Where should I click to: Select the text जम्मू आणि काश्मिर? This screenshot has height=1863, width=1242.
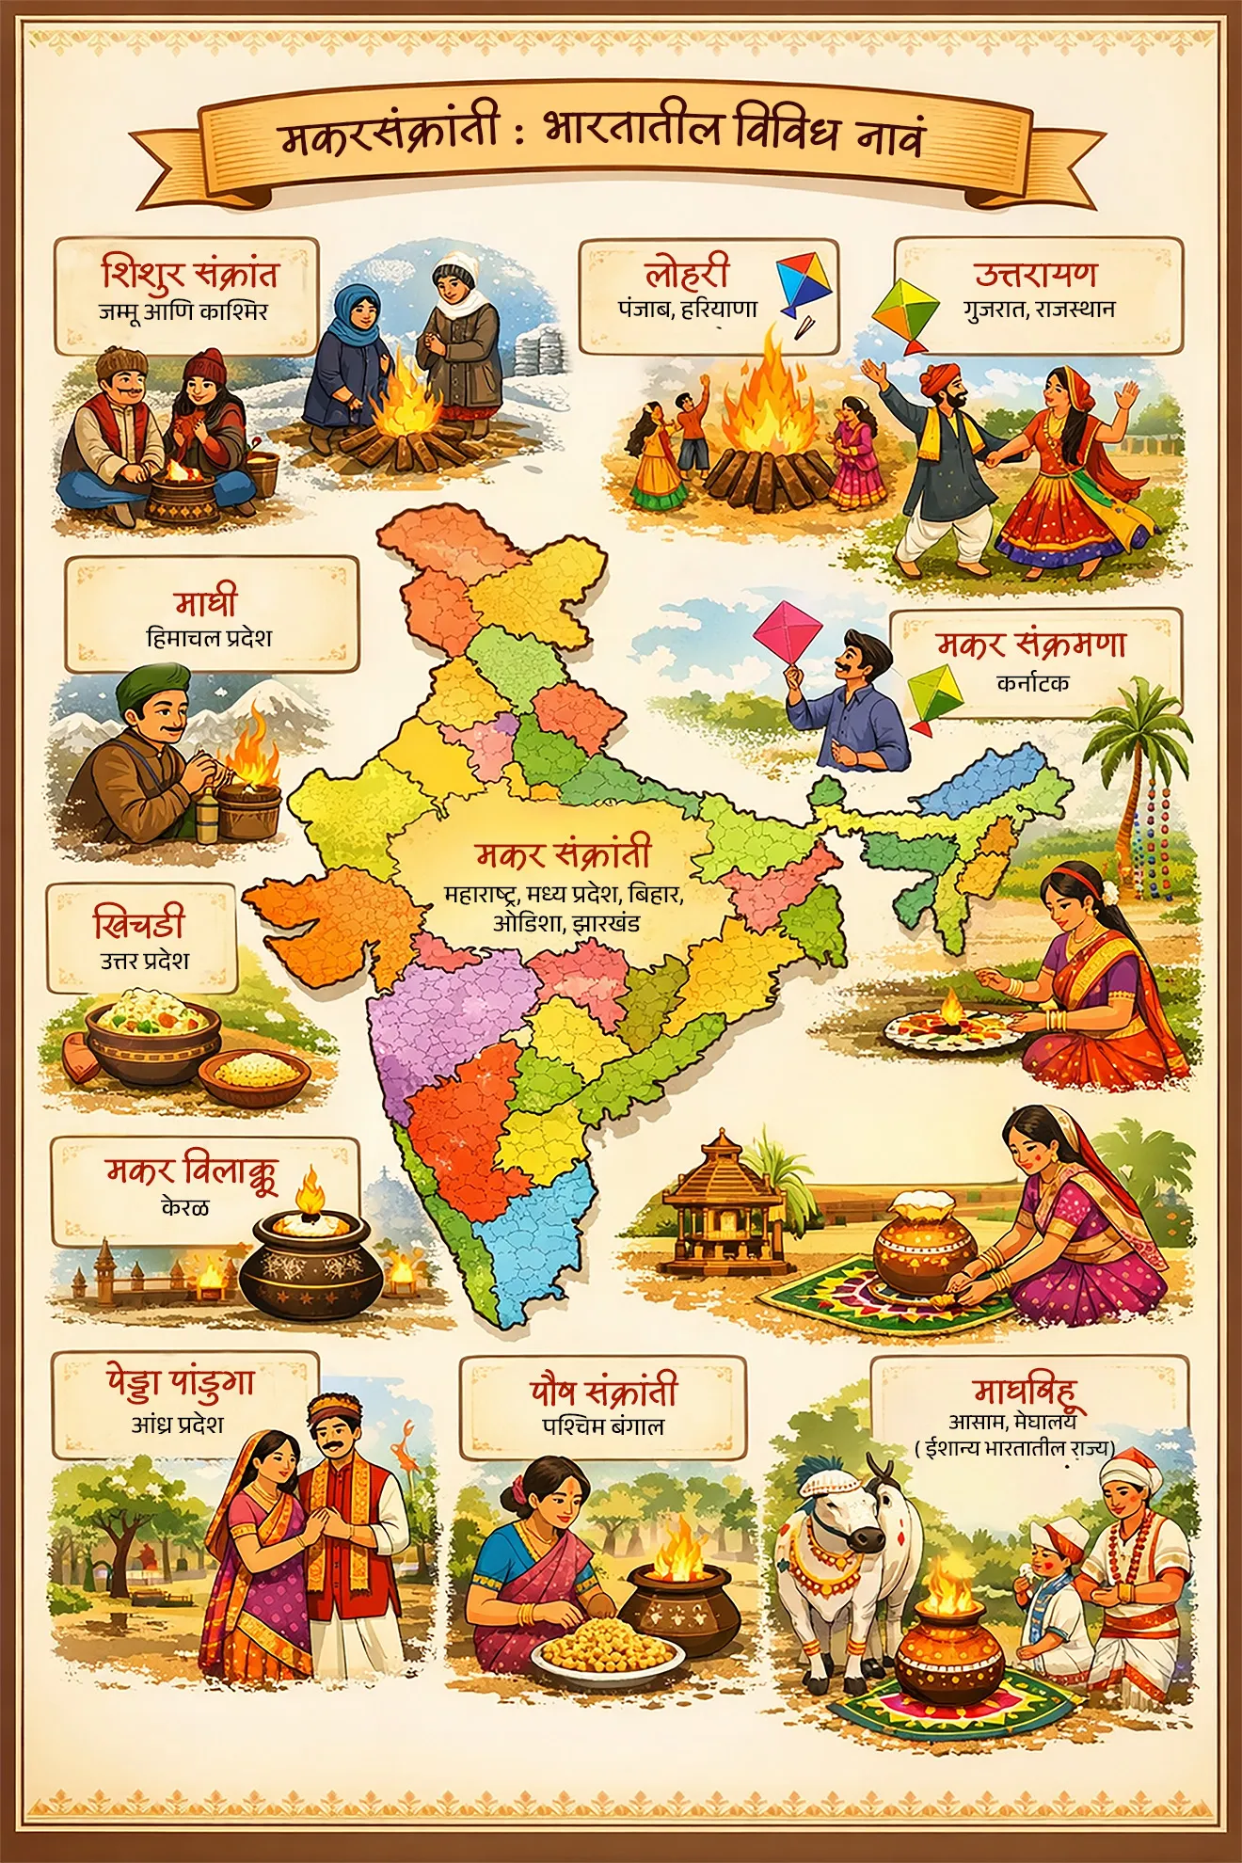click(183, 311)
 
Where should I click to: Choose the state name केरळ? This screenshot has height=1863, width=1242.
click(185, 1207)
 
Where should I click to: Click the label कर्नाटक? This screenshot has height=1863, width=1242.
click(1033, 683)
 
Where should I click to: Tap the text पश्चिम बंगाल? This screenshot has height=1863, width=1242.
click(603, 1426)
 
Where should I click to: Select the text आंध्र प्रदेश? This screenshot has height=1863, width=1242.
click(178, 1425)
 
